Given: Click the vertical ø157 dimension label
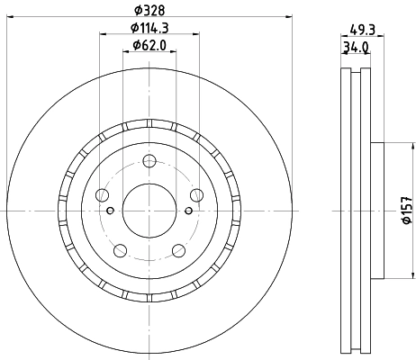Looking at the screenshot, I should [407, 211].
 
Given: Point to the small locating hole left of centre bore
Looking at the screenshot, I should [110, 211].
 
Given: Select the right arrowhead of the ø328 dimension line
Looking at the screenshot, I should [290, 15].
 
